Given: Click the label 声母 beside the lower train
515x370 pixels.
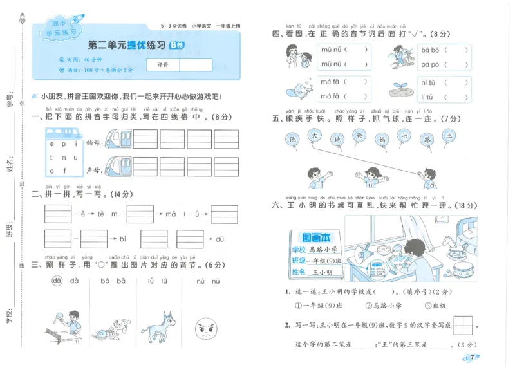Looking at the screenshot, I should point(93,171).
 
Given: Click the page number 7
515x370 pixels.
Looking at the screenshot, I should point(472,358).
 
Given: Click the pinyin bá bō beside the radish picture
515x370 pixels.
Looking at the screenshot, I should point(431,50).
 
